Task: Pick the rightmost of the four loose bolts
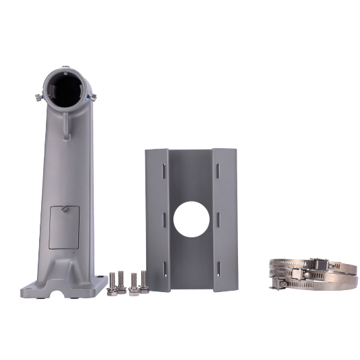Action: (x=144, y=280)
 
